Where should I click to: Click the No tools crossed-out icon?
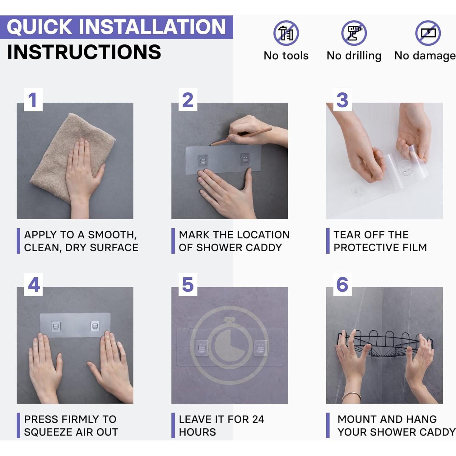286,33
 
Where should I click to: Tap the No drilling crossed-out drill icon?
354,33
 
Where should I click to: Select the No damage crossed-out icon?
428,33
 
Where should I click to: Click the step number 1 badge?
33,100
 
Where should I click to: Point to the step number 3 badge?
342,100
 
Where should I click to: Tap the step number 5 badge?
188,284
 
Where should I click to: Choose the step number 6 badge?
342,284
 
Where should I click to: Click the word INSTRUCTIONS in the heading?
84,52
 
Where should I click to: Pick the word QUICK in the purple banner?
40,27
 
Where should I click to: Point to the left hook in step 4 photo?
56,326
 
